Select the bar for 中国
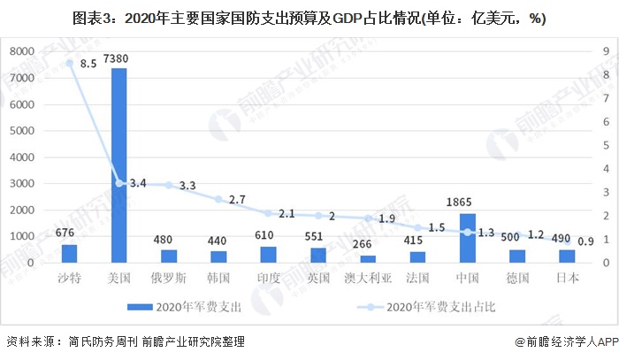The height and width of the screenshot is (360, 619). [x=468, y=238]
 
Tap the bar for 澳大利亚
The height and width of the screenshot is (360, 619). [x=368, y=259]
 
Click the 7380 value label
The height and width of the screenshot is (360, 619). [x=119, y=57]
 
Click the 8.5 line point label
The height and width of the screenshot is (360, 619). [x=88, y=64]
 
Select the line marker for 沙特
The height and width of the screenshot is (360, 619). [x=70, y=63]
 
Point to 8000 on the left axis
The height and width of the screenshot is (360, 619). [x=22, y=52]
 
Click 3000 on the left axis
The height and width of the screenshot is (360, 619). [x=22, y=184]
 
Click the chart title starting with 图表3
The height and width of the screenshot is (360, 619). [x=309, y=19]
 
